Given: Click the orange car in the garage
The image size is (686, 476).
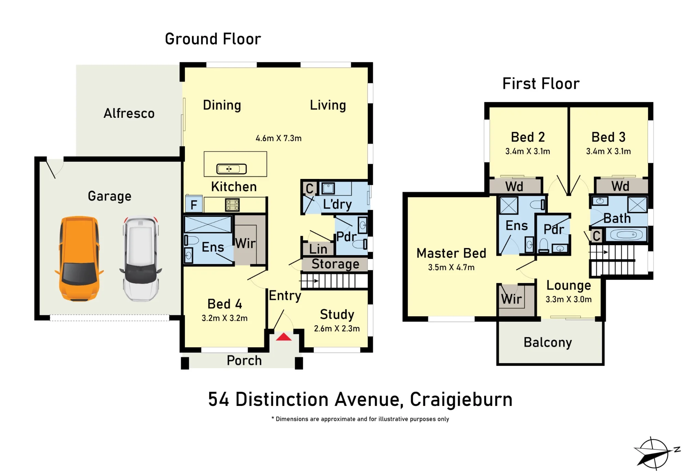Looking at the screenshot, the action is (79, 259).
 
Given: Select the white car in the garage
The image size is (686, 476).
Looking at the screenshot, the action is (141, 259).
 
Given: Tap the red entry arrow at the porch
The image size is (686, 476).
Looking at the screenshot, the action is (284, 337).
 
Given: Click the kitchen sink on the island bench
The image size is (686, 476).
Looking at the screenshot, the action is (232, 169).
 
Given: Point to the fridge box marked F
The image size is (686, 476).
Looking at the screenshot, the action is (194, 204).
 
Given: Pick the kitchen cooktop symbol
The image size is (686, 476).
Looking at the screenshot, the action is (232, 205).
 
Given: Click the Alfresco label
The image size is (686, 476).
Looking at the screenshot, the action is (129, 113).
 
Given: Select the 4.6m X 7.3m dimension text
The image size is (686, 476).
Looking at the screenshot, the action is (279, 138).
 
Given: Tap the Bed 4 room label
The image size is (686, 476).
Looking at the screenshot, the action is (225, 304).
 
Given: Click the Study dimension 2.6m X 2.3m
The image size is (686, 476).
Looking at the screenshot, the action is (337, 328).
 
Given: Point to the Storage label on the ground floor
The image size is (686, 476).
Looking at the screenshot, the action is (335, 264).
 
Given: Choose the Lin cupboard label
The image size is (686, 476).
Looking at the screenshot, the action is (318, 249).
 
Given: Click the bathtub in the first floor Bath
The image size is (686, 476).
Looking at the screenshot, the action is (626, 235).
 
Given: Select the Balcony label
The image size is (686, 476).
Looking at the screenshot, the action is (548, 342).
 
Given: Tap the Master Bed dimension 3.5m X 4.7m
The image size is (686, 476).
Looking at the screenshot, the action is (451, 267).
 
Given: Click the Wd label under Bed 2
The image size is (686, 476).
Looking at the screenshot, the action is (514, 186).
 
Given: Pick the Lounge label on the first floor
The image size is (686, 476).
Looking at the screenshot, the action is (569, 285).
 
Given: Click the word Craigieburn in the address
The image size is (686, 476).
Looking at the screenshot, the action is (461, 399).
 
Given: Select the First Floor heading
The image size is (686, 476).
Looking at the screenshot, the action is (541, 83).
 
